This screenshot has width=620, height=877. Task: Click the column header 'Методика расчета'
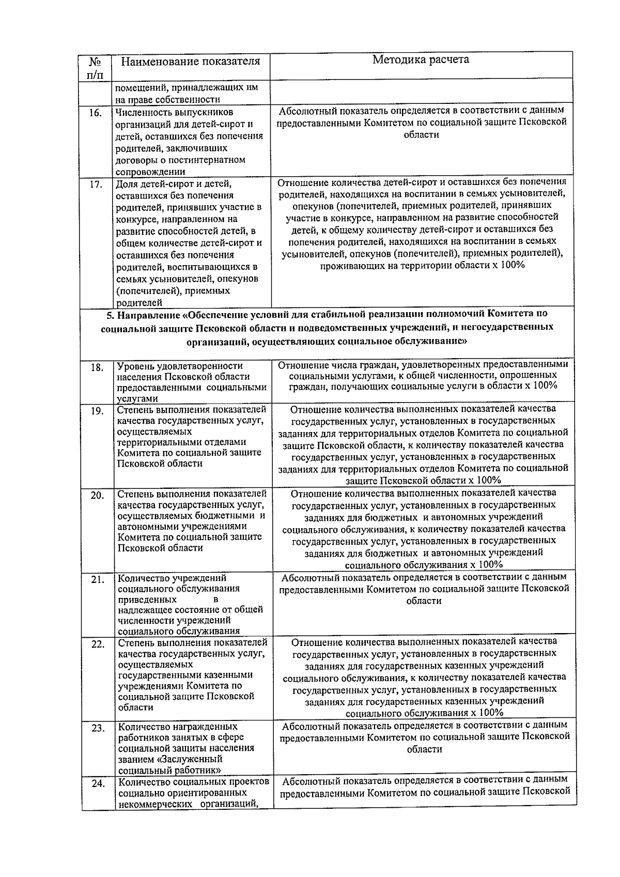click(x=421, y=59)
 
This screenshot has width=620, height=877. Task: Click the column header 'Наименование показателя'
click(x=190, y=61)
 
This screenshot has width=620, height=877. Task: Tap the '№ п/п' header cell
click(x=96, y=68)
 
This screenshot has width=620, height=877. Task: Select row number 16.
click(x=96, y=113)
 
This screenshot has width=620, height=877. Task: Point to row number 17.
click(x=96, y=184)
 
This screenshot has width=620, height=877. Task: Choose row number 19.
click(x=97, y=411)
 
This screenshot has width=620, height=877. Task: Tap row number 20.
click(x=97, y=495)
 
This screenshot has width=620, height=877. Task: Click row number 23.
click(x=98, y=728)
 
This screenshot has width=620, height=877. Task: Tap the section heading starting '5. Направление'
click(x=327, y=327)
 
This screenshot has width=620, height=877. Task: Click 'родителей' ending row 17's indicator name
click(x=139, y=303)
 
